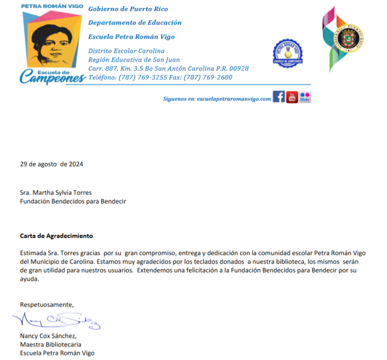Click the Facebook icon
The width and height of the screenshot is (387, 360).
point(279,97)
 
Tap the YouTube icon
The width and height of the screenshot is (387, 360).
point(292,97)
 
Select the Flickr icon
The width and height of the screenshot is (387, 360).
point(305,97)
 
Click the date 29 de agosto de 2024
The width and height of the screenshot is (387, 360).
point(51,165)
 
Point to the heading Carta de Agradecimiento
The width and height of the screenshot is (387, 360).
point(56,235)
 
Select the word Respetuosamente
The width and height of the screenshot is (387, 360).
point(47,305)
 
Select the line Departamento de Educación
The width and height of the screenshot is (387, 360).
point(135,23)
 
